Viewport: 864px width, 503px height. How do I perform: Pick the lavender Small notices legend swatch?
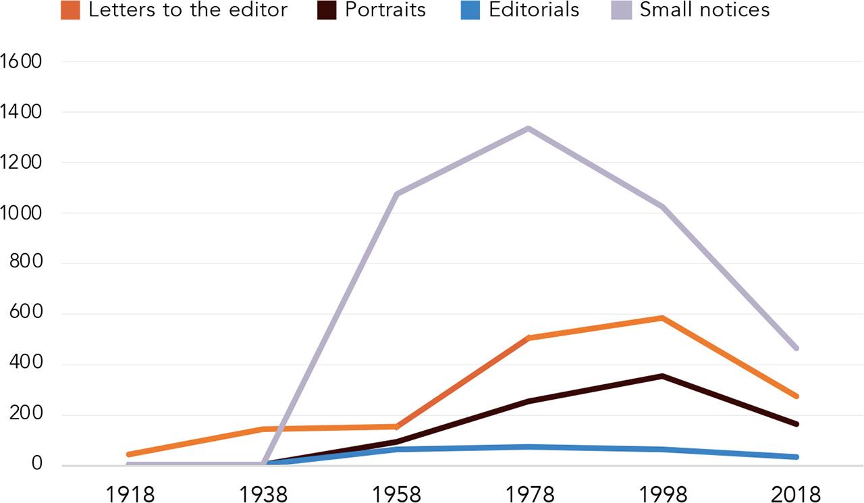pyautogui.click(x=624, y=11)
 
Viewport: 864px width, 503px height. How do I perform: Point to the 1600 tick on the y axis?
pyautogui.click(x=22, y=61)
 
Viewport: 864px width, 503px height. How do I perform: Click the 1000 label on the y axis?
pyautogui.click(x=22, y=213)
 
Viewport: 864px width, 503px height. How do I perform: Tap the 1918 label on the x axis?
pyautogui.click(x=130, y=493)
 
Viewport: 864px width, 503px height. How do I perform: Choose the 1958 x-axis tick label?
pyautogui.click(x=397, y=493)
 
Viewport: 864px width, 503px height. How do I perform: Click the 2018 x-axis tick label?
pyautogui.click(x=796, y=493)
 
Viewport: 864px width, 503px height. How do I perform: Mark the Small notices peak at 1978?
pyautogui.click(x=529, y=128)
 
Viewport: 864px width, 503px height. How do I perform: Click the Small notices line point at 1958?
pyautogui.click(x=397, y=194)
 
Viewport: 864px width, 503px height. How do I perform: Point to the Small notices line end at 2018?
pyautogui.click(x=796, y=348)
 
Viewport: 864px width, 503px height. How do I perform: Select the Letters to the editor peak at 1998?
pyautogui.click(x=663, y=317)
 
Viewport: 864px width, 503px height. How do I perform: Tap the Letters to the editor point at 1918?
pyautogui.click(x=128, y=454)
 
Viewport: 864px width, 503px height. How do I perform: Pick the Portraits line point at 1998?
pyautogui.click(x=663, y=376)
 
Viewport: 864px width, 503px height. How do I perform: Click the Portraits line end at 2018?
pyautogui.click(x=796, y=424)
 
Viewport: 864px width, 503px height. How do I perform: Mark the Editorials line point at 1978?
pyautogui.click(x=529, y=447)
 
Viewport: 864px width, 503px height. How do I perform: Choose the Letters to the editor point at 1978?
pyautogui.click(x=529, y=338)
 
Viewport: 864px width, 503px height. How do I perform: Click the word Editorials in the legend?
pyautogui.click(x=534, y=11)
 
